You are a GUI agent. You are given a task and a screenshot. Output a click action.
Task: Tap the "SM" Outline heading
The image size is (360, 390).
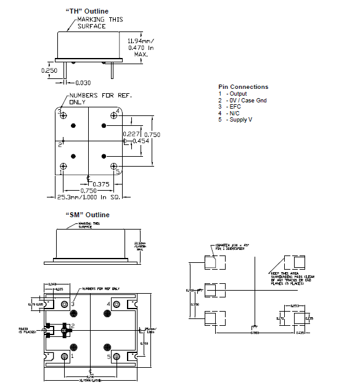point(87,215)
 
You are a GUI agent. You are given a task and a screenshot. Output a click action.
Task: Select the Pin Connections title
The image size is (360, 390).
point(243,87)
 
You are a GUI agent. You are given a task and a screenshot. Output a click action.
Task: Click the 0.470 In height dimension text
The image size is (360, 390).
point(141,47)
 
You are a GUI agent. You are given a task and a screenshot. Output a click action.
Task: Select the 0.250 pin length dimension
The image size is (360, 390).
point(49,70)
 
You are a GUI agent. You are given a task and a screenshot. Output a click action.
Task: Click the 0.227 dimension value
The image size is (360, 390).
point(130,134)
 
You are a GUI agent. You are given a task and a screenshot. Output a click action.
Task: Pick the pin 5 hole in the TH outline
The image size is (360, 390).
point(114,166)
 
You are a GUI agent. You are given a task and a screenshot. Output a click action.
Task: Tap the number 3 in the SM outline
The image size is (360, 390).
point(73,304)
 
